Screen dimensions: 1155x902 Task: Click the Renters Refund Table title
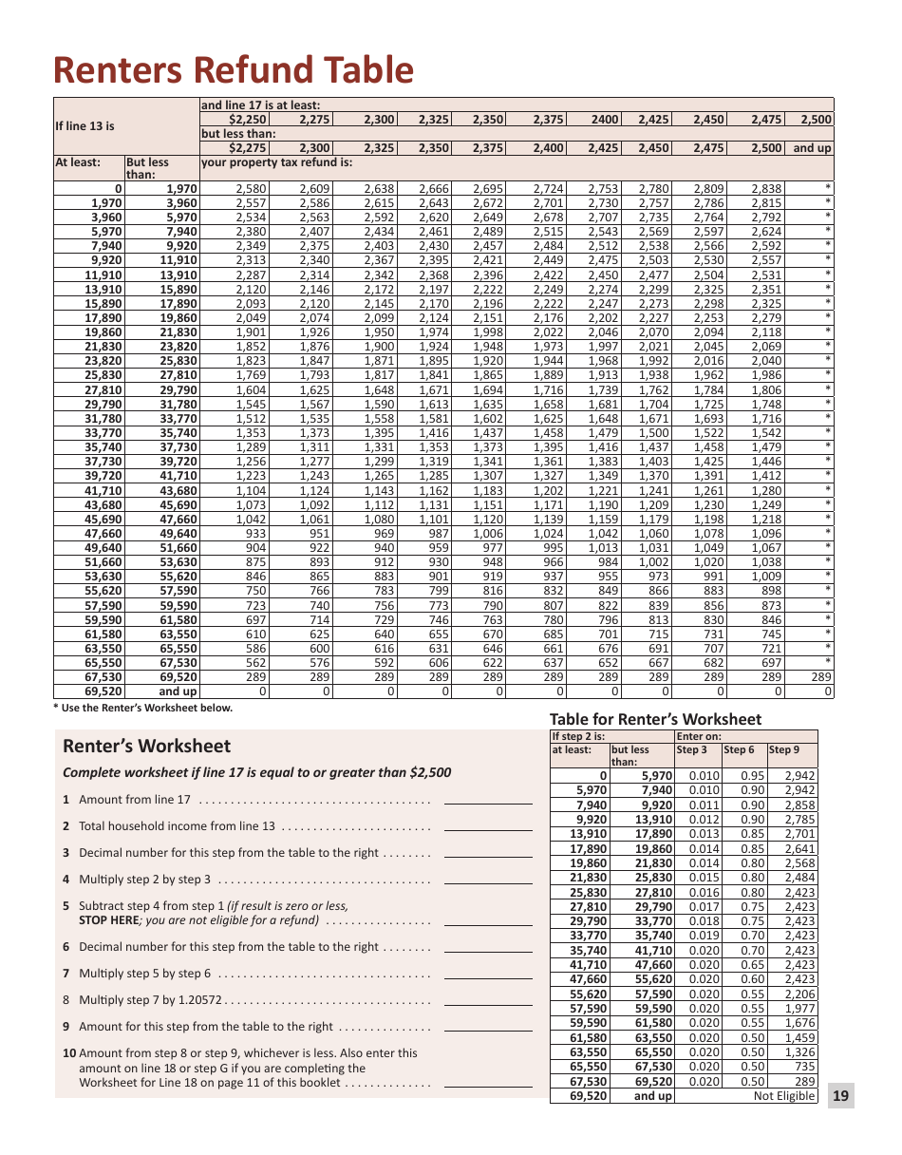click(234, 70)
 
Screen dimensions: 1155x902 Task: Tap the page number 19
click(840, 1096)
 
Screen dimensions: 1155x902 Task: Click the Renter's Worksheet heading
click(146, 746)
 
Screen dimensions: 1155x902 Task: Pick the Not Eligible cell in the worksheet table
click(784, 1096)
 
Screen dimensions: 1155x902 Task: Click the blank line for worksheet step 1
click(488, 800)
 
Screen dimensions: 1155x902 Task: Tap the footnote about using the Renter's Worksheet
click(142, 708)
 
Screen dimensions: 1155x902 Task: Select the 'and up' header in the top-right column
click(812, 148)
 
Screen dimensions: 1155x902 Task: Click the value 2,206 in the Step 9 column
click(799, 994)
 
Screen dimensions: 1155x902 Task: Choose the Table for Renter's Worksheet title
click(655, 719)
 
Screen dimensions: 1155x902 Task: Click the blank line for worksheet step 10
click(488, 1083)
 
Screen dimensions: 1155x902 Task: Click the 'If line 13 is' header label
click(85, 126)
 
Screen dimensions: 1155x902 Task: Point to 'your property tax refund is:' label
click(276, 162)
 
